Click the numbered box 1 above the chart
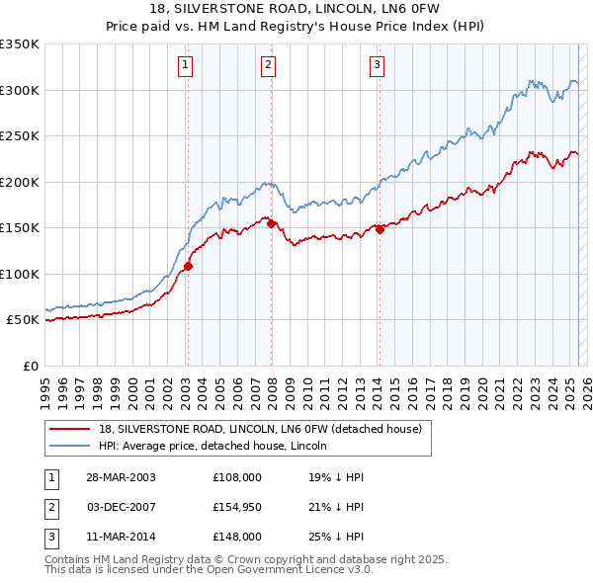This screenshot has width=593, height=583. point(186,66)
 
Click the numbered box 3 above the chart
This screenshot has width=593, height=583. point(378,66)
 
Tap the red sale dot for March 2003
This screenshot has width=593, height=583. point(188,266)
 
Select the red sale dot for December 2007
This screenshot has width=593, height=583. point(271,223)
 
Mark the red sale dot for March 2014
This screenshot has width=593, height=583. point(380,229)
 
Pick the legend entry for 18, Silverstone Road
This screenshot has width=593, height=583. point(260,429)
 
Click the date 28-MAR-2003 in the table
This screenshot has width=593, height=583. point(121,476)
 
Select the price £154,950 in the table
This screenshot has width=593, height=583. point(237,506)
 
